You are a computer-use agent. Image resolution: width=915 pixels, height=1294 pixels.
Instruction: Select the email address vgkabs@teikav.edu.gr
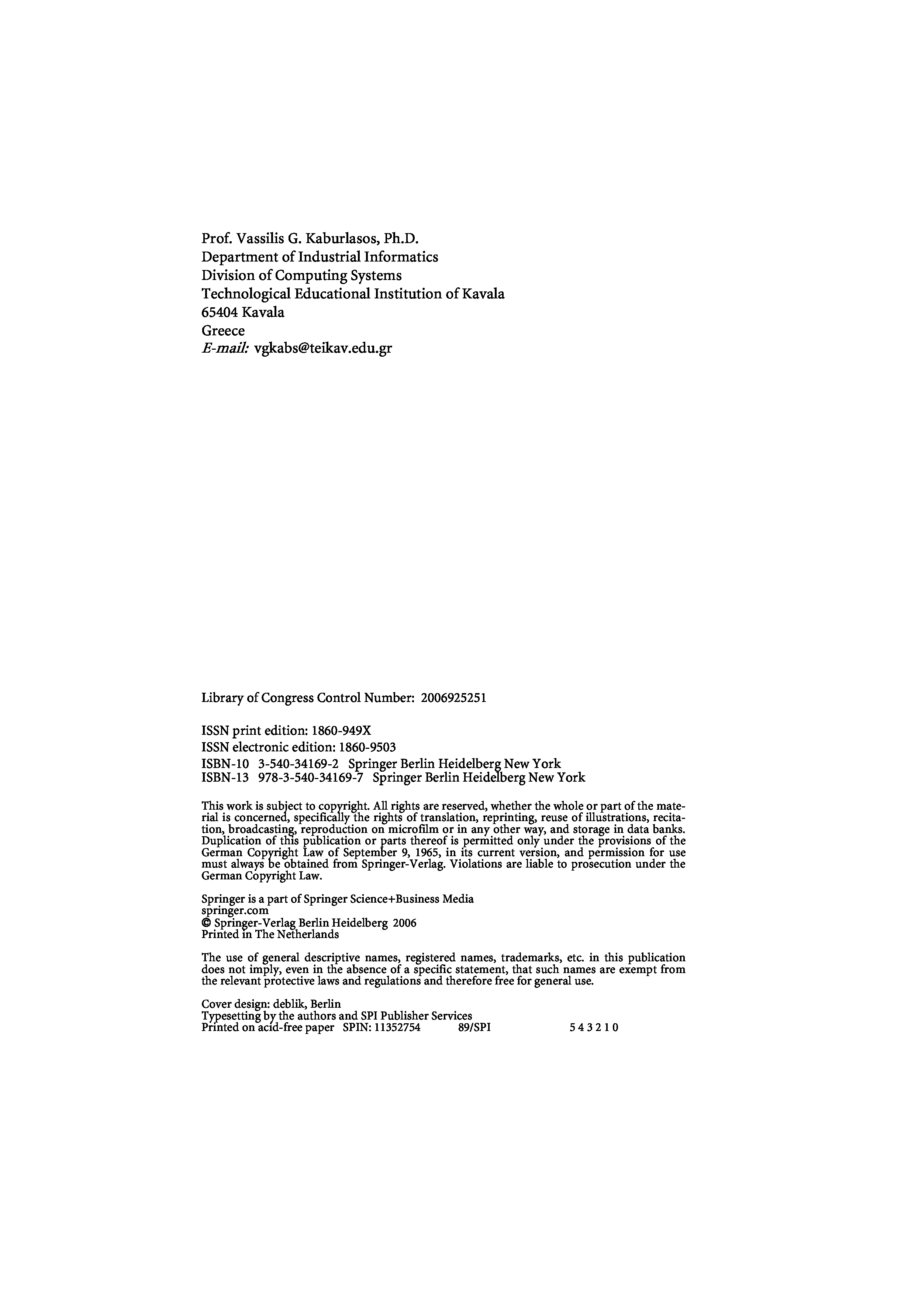pyautogui.click(x=323, y=348)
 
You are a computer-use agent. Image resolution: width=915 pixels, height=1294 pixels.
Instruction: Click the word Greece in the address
pyautogui.click(x=223, y=331)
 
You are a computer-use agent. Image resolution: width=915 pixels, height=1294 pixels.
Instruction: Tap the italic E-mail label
pyautogui.click(x=225, y=348)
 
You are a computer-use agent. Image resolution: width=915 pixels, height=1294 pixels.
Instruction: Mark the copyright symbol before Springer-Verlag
pyautogui.click(x=206, y=924)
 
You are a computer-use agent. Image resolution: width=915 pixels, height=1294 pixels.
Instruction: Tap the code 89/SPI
pyautogui.click(x=475, y=1027)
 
